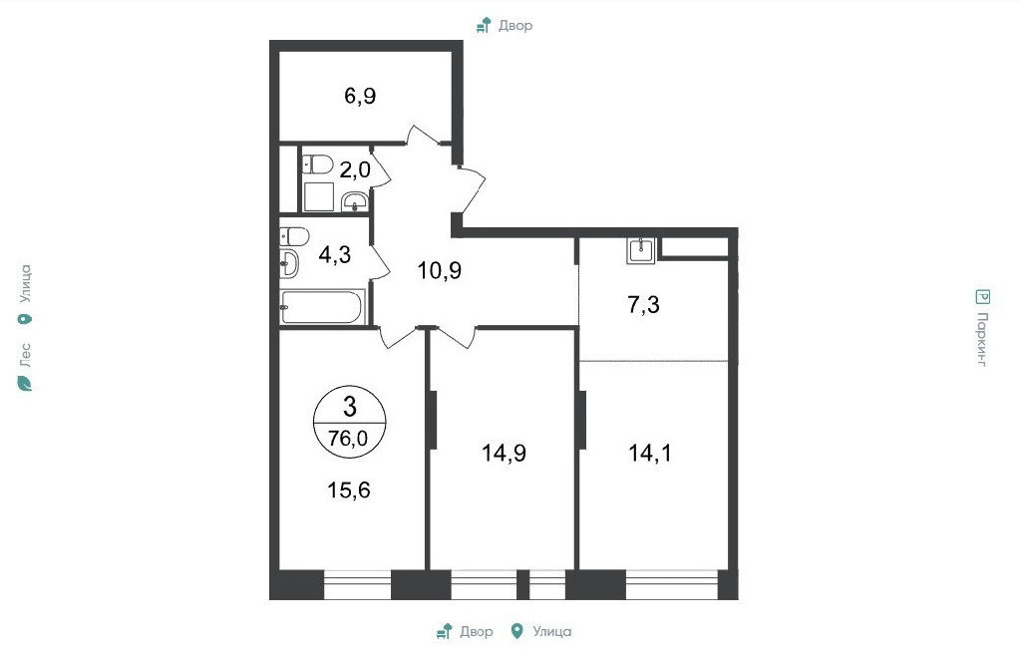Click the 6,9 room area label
point(360,97)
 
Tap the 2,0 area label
point(355,170)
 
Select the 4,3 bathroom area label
point(335,254)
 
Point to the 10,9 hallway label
point(440,270)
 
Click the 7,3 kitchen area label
point(643,304)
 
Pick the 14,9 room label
point(504,452)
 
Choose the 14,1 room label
point(650,452)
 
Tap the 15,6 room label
point(349,490)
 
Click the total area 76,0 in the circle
point(348,439)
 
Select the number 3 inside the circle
point(350,407)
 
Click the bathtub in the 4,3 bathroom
point(321,307)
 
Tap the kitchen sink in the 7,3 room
point(641,250)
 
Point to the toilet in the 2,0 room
point(317,164)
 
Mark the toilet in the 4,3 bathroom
point(294,236)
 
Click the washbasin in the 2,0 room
point(355,201)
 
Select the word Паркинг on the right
point(982,339)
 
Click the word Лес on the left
point(25,354)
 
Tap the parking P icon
point(982,297)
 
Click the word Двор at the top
point(515,25)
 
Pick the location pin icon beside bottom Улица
point(517,631)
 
